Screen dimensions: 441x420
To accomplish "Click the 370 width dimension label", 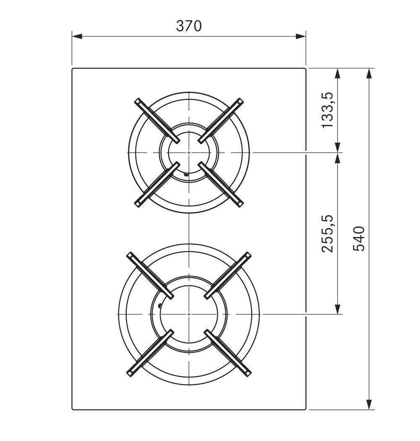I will [x=189, y=26].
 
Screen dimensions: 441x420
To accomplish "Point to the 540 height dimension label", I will [x=359, y=238].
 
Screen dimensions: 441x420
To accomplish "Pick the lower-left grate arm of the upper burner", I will [x=156, y=185].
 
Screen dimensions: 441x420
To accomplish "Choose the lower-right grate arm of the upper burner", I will [x=220, y=185].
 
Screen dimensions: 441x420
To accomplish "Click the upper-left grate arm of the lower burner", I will [x=150, y=275].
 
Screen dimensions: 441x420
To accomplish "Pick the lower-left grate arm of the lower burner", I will [x=150, y=353].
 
